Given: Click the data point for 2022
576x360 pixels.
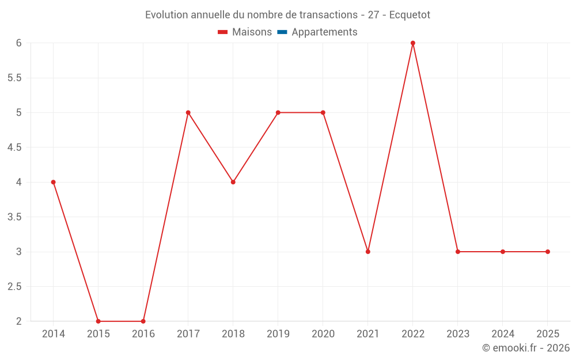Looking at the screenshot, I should (413, 43).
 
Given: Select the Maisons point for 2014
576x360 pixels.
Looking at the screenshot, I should (54, 182).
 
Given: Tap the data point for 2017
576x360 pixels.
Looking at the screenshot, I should (188, 112).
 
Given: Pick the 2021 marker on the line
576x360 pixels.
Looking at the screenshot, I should (368, 252).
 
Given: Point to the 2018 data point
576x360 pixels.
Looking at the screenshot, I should (233, 182).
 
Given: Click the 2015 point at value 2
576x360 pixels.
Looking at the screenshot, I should (98, 321).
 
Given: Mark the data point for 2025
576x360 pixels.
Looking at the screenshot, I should (548, 252).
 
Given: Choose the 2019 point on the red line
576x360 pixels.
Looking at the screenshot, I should (278, 112).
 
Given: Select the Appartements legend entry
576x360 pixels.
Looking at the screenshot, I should (324, 32).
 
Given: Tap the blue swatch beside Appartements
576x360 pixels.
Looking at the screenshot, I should (282, 32).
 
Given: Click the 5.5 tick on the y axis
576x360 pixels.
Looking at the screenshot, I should (14, 78).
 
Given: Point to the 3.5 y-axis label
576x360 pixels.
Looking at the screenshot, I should (14, 217).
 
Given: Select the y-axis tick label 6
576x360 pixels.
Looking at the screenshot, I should (19, 43).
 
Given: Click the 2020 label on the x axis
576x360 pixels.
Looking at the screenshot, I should (323, 334).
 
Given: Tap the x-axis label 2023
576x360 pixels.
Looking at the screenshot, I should (458, 334).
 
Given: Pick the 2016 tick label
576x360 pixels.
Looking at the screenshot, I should (143, 334).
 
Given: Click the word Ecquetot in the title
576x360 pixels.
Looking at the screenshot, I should (410, 15).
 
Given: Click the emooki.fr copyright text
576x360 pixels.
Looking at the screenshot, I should (526, 348).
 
